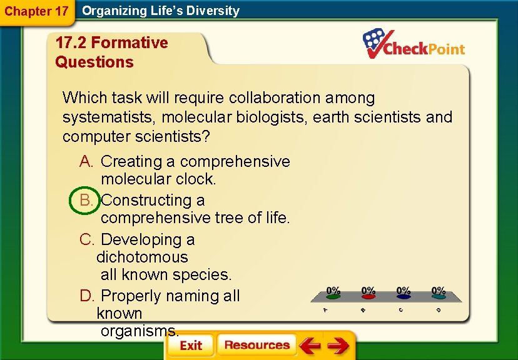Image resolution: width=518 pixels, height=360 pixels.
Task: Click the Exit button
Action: pyautogui.click(x=191, y=346)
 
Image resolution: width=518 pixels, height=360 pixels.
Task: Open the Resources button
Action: pyautogui.click(x=256, y=345)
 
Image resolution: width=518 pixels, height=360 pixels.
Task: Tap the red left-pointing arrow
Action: pyautogui.click(x=309, y=346)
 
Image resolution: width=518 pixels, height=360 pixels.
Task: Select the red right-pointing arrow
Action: pyautogui.click(x=338, y=346)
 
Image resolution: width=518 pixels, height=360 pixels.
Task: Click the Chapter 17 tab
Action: pyautogui.click(x=36, y=11)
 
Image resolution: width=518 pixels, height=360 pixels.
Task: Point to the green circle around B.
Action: pyautogui.click(x=86, y=200)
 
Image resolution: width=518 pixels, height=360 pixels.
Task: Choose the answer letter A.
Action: pyautogui.click(x=86, y=161)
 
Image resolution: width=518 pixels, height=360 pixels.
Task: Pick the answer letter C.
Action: pyautogui.click(x=86, y=239)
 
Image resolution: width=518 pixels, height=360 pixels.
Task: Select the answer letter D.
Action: pyautogui.click(x=86, y=296)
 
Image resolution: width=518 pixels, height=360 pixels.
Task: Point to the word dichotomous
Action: pyautogui.click(x=142, y=257)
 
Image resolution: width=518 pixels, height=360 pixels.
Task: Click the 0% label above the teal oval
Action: pyautogui.click(x=439, y=291)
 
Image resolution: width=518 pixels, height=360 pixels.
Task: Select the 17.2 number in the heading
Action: pyautogui.click(x=71, y=43)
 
